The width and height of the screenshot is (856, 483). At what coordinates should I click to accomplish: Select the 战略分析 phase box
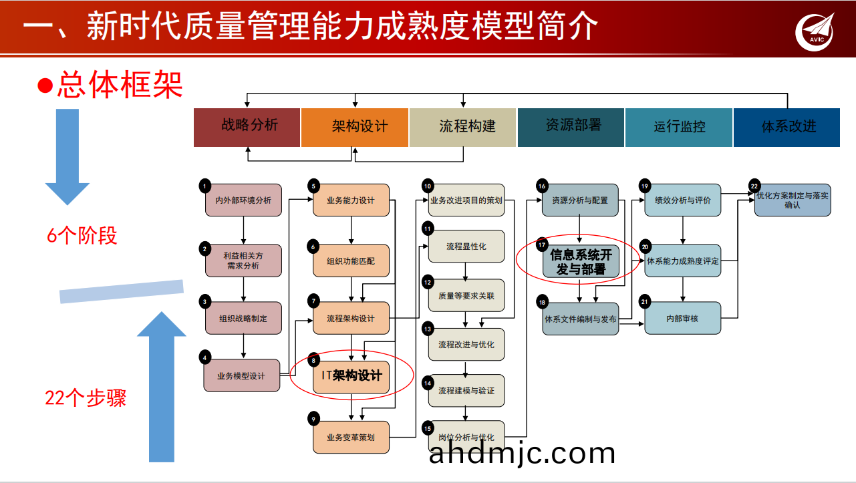(x=247, y=127)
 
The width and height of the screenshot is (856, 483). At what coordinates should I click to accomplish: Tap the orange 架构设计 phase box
(x=354, y=127)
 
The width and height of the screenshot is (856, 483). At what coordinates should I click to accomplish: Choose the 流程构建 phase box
(x=462, y=127)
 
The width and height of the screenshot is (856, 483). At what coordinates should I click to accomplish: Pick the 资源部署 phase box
(x=571, y=127)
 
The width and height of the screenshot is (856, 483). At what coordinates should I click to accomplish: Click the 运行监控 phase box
(x=679, y=127)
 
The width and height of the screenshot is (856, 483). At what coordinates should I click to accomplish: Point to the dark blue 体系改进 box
(x=787, y=127)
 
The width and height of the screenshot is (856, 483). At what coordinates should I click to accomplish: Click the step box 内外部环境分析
(x=243, y=200)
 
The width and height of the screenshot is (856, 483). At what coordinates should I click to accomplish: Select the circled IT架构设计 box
(x=351, y=375)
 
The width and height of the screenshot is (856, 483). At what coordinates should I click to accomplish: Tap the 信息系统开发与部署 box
(x=580, y=262)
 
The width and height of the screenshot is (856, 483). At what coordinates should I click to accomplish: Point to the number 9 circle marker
(x=313, y=419)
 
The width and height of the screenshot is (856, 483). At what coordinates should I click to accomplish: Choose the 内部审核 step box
(x=683, y=319)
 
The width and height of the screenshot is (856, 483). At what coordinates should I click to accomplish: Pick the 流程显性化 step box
(x=466, y=247)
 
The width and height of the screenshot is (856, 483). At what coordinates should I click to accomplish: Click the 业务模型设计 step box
(x=242, y=375)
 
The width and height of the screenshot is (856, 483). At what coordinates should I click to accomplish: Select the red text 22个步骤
(x=86, y=398)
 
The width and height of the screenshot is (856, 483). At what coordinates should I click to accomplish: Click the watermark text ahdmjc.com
(x=522, y=454)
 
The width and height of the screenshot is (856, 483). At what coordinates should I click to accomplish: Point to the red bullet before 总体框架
(x=45, y=86)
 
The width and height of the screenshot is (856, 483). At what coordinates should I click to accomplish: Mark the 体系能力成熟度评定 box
(x=683, y=261)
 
